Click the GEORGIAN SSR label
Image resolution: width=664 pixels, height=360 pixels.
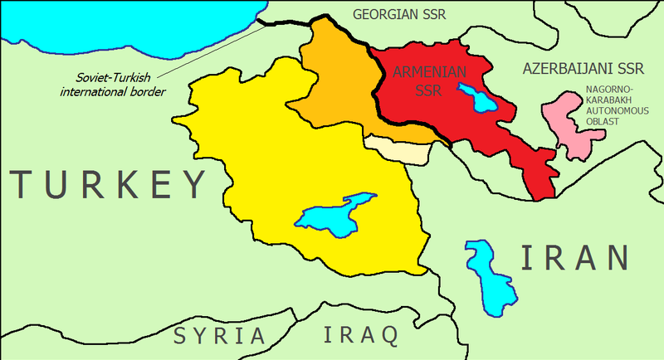click(404, 14)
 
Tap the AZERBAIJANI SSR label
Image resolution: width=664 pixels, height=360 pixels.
click(583, 69)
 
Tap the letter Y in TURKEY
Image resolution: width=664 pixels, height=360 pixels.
click(189, 183)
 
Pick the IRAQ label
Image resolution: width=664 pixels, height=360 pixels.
click(359, 336)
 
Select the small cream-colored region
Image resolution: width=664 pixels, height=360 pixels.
click(397, 150)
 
